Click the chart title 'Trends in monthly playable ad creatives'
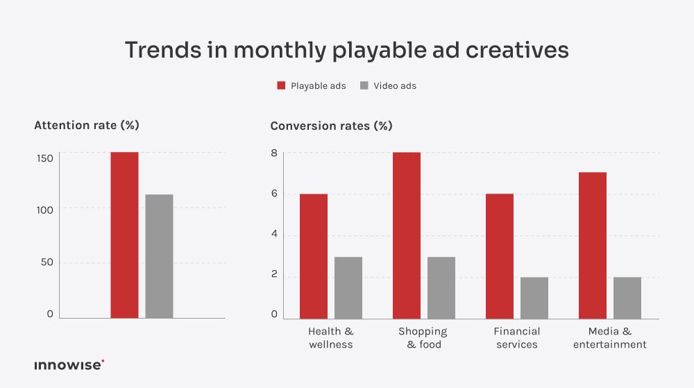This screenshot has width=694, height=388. click(346, 51)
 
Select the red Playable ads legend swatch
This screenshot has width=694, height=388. click(281, 86)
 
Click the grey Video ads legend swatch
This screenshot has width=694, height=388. click(364, 86)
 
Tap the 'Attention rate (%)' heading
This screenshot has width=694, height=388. click(87, 126)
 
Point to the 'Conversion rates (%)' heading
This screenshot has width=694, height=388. click(331, 126)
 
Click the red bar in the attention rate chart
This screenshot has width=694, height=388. click(124, 235)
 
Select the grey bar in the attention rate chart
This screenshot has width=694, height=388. click(159, 256)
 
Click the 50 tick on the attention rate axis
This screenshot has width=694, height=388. click(46, 262)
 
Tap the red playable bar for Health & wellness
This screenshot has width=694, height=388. click(314, 256)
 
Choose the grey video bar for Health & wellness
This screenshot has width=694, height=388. click(348, 287)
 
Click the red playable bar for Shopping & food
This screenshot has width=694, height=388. click(407, 235)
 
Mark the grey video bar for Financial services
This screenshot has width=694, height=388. click(534, 298)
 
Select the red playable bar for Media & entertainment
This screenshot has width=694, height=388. click(593, 245)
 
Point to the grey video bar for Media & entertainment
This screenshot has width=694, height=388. click(627, 298)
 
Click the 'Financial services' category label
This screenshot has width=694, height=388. click(517, 338)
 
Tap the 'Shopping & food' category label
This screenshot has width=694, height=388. click(423, 338)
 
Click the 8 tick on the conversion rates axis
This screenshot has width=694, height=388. click(274, 153)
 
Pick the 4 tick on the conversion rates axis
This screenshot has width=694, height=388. click(274, 235)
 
